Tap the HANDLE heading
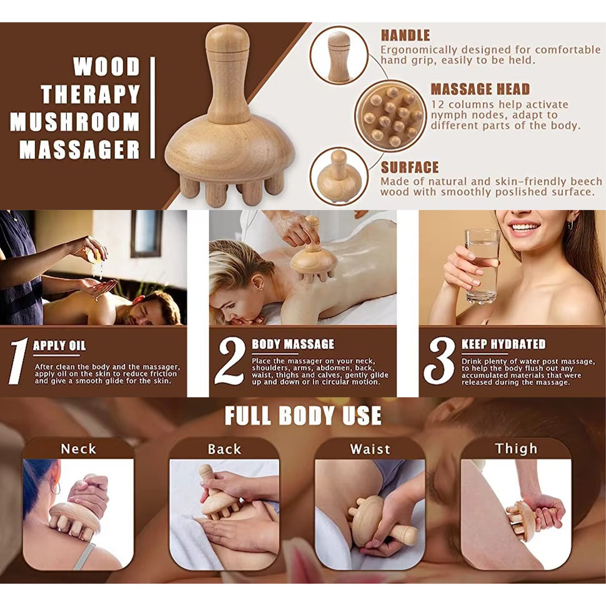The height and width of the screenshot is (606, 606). (x=405, y=35)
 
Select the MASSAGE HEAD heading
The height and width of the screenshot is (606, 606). (x=480, y=89)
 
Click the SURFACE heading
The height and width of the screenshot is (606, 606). (x=410, y=168)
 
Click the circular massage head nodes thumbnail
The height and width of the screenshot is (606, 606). (x=389, y=116)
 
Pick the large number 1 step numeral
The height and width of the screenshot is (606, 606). (x=18, y=361)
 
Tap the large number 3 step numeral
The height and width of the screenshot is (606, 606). (x=439, y=361)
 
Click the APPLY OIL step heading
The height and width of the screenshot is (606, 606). (x=59, y=346)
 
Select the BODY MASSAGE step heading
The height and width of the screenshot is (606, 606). (x=292, y=345)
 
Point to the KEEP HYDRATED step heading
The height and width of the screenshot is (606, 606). (x=503, y=345)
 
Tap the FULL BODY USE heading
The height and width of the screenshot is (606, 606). (x=303, y=416)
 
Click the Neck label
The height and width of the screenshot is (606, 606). (x=79, y=449)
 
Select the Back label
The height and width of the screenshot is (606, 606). (x=224, y=449)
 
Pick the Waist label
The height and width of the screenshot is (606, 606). (x=370, y=449)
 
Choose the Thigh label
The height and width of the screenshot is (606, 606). (x=516, y=449)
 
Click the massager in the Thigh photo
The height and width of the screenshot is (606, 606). (x=521, y=520)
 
